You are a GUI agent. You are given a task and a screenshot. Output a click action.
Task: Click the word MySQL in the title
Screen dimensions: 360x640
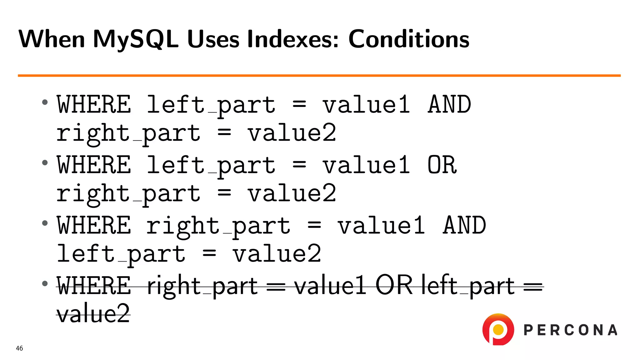point(135,39)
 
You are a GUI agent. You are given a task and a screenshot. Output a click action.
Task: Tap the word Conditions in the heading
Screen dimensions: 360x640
point(408,39)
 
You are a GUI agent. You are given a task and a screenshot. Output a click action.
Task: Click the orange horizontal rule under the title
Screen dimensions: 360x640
point(319,75)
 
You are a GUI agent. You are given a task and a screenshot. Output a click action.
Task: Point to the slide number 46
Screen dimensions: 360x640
point(19,348)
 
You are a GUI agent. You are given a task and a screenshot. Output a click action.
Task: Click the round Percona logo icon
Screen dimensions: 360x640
point(498,329)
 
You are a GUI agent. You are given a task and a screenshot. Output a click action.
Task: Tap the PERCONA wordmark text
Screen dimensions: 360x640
point(570,330)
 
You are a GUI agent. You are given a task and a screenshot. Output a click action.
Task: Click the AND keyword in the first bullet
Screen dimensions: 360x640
point(449,105)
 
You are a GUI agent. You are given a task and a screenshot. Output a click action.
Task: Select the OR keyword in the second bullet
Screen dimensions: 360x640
point(442,165)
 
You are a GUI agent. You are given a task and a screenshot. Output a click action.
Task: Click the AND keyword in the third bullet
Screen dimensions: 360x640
point(464,226)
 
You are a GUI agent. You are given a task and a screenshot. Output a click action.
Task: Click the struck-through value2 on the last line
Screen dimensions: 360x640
point(93,314)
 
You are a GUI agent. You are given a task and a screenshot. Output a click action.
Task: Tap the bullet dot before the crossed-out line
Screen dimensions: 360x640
point(45,283)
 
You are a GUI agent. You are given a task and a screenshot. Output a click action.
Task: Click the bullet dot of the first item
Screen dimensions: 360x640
point(45,102)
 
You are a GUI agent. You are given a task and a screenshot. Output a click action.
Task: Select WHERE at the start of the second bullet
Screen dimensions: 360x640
point(94,165)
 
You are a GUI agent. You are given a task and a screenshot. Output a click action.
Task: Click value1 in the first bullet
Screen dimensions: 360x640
point(366,105)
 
